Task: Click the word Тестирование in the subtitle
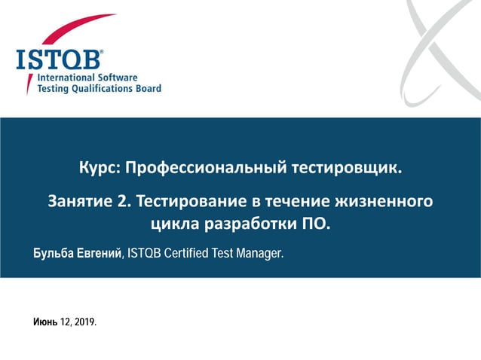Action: click(193, 202)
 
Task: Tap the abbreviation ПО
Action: click(315, 224)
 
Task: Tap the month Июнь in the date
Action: click(44, 322)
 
